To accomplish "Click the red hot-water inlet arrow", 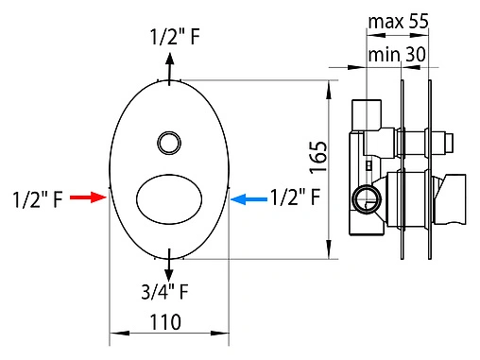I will (x=88, y=198).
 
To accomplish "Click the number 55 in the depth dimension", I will (x=417, y=19).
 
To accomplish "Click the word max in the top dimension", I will (x=384, y=19).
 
